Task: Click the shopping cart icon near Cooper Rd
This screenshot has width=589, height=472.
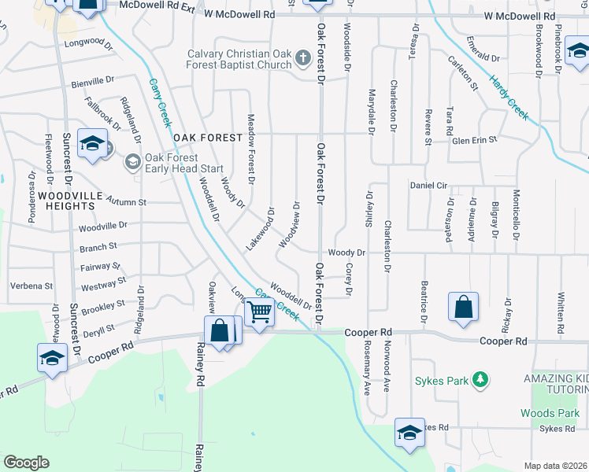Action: (x=259, y=312)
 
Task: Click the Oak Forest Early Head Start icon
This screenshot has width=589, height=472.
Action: (x=132, y=163)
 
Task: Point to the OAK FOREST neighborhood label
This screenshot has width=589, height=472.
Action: (x=208, y=138)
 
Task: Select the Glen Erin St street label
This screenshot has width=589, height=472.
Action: (x=474, y=139)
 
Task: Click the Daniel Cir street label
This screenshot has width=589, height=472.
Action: (x=428, y=186)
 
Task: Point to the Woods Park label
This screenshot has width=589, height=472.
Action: (x=550, y=413)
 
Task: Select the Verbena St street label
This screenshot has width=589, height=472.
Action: (x=31, y=286)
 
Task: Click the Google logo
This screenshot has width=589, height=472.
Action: (x=26, y=462)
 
